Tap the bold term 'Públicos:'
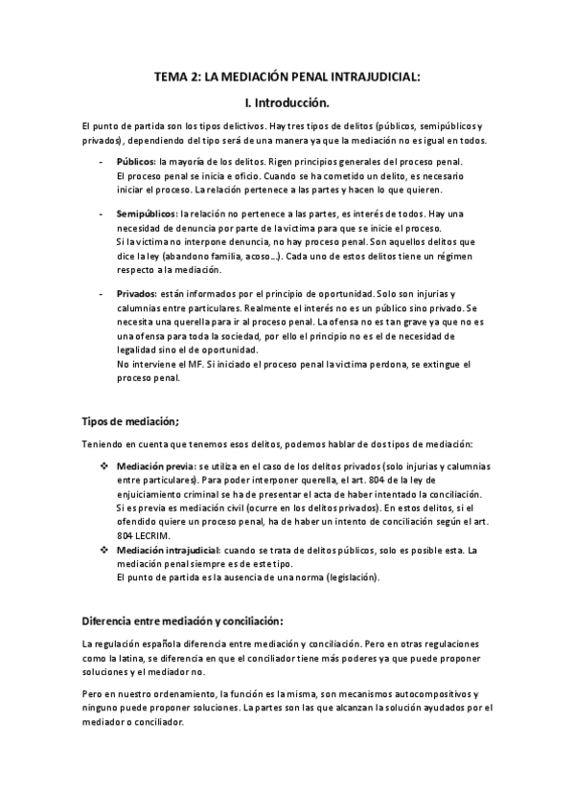(x=136, y=162)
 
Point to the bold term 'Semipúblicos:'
(x=147, y=214)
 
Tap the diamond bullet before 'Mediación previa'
(x=104, y=464)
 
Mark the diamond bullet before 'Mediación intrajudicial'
(x=104, y=551)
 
